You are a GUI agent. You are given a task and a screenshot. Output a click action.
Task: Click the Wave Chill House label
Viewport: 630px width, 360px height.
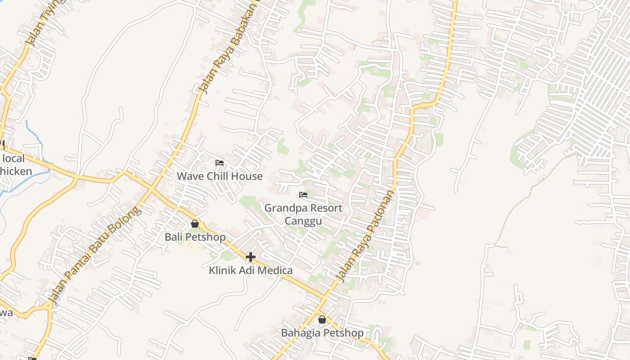coord(220,176)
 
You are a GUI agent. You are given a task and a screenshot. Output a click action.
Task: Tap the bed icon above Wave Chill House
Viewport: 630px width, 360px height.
coord(220,162)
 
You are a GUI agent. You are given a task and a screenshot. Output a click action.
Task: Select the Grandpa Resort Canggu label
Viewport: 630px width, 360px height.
coord(303,214)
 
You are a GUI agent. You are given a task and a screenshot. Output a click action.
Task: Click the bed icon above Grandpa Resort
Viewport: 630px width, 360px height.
coord(303,195)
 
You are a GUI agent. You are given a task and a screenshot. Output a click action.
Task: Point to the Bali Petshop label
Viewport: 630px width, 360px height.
coord(195,237)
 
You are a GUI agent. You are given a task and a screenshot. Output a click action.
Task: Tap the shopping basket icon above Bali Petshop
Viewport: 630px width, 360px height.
coord(195,223)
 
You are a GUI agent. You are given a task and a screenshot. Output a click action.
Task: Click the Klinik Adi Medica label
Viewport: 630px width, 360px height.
coord(251,270)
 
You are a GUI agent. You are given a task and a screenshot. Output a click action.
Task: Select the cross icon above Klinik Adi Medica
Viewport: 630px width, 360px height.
coord(251,257)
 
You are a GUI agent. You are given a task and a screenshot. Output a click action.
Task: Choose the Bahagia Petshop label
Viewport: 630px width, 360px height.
coord(322,333)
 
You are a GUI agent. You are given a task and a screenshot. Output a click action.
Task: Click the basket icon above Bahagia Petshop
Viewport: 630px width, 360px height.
coord(322,320)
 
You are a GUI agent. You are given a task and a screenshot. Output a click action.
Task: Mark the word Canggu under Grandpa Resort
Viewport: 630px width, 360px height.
coord(303,221)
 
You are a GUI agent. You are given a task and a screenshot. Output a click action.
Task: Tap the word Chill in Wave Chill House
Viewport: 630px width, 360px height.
coord(219,176)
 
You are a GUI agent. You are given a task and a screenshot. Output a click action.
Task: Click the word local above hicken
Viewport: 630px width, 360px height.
coord(13,158)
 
